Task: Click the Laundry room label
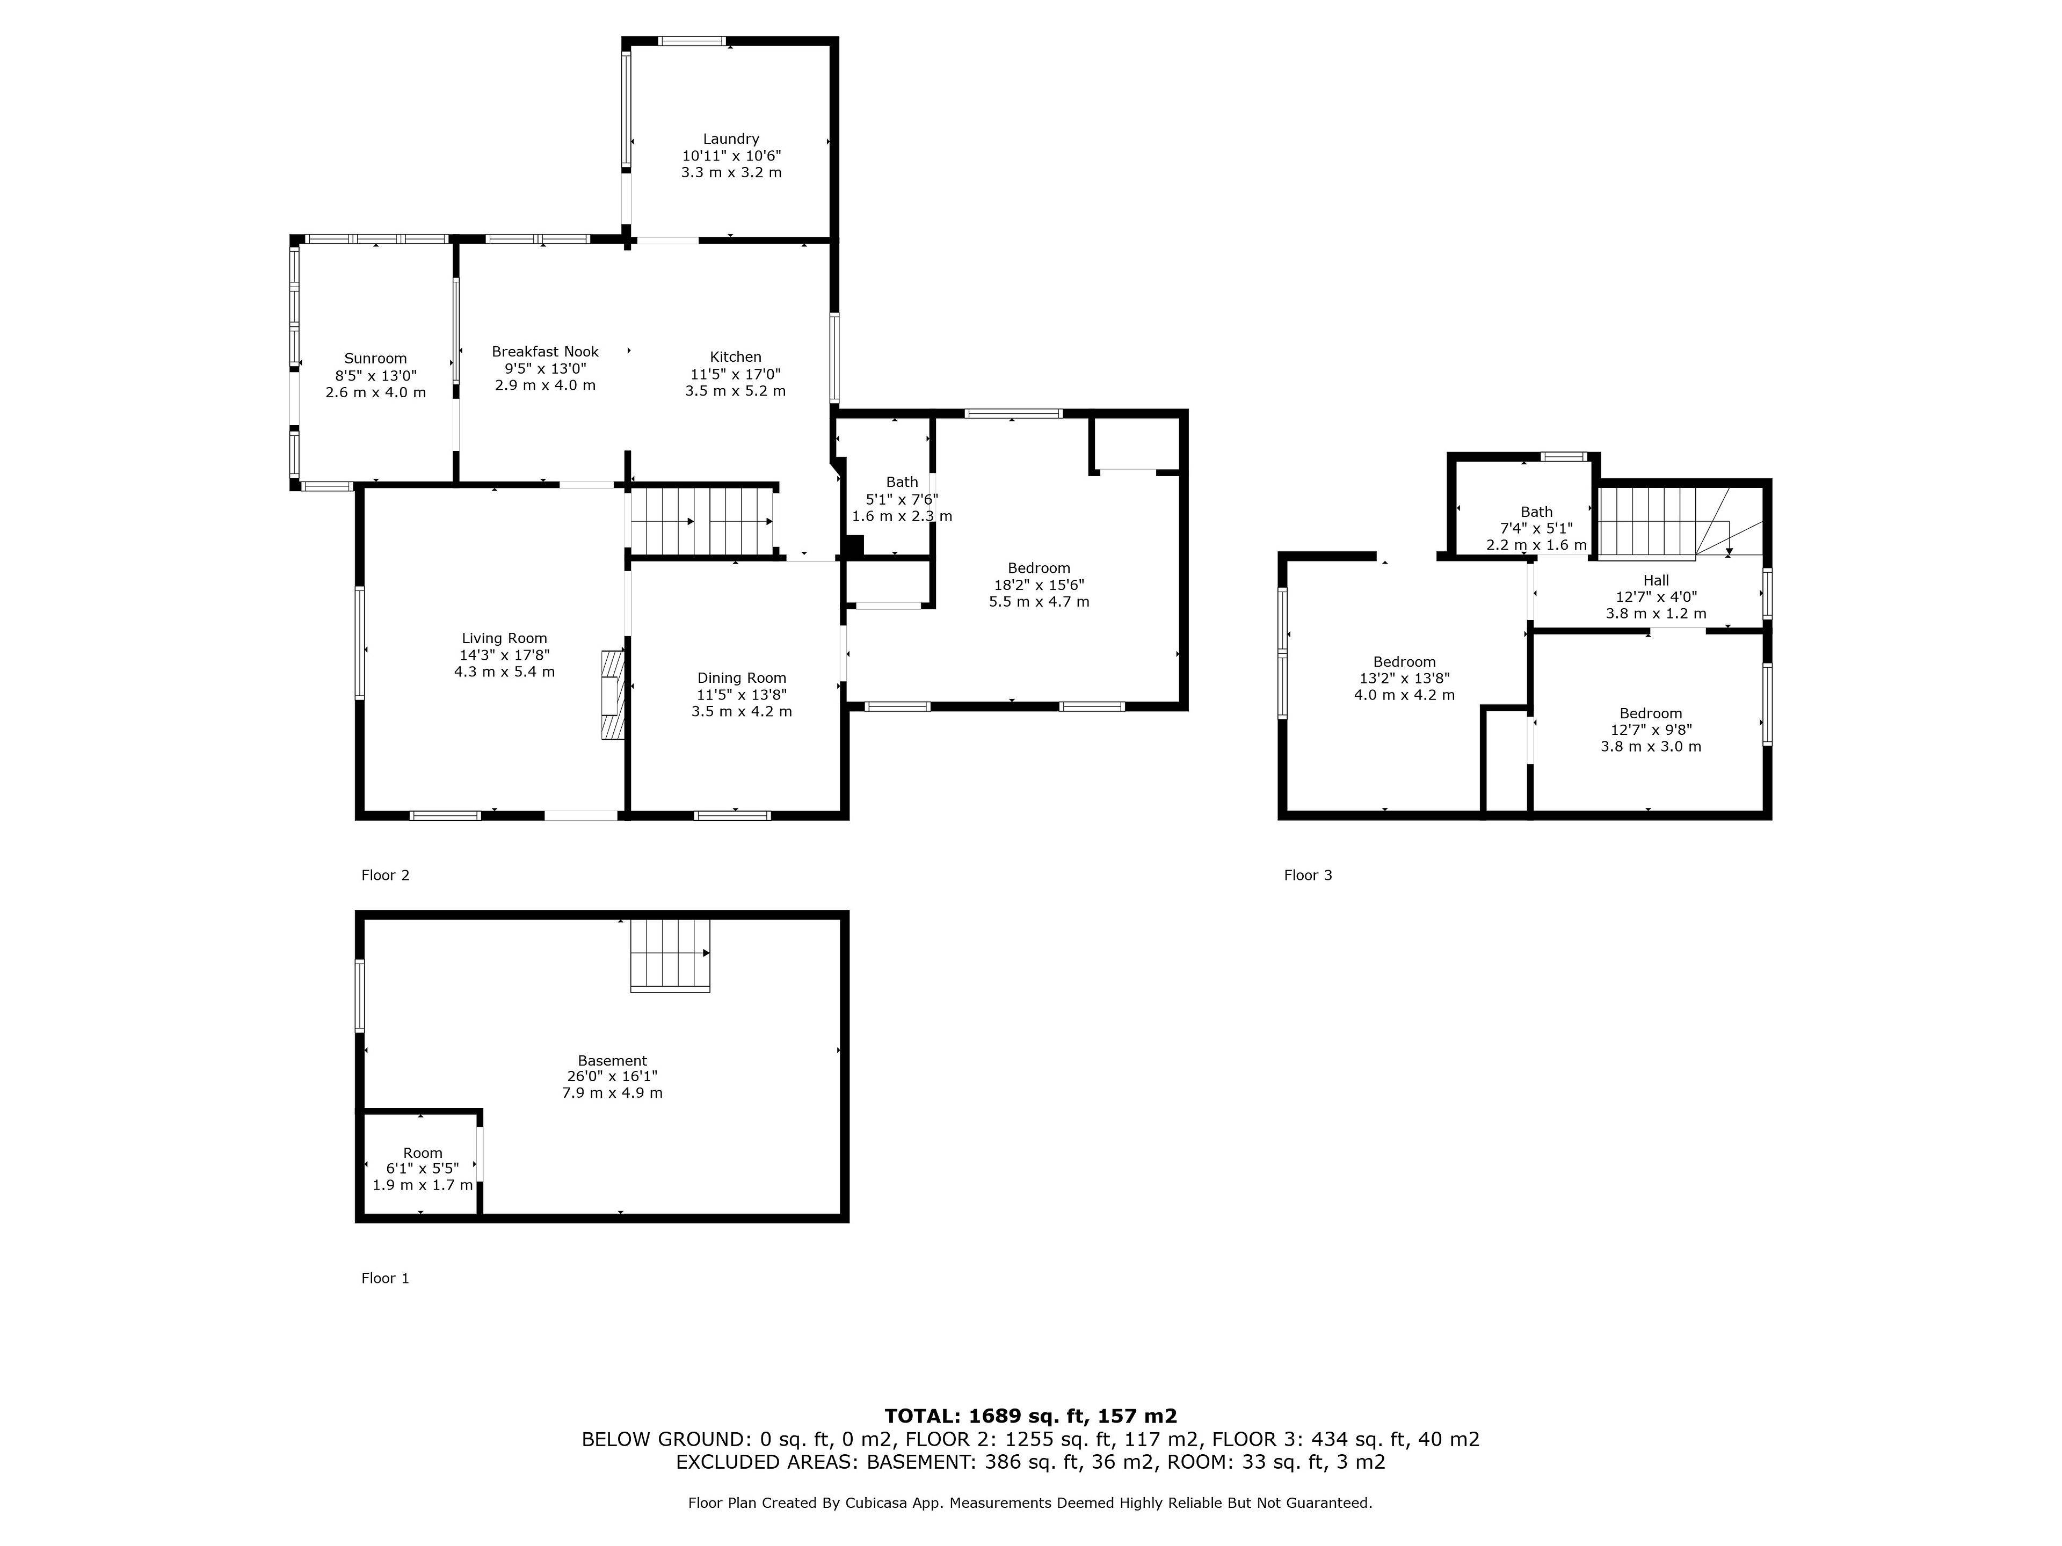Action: tap(731, 139)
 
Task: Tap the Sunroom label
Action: tap(376, 359)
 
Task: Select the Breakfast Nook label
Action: tap(546, 351)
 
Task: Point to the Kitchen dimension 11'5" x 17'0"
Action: tap(736, 374)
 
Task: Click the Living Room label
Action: tap(504, 638)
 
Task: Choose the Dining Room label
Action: tap(742, 679)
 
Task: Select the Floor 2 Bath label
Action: tap(902, 482)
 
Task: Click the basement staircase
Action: tap(670, 955)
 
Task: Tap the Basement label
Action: tap(613, 1061)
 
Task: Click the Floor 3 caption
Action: tap(1308, 875)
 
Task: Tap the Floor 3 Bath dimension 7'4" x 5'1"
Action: tap(1536, 528)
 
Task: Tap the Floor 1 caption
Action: tap(385, 1279)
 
